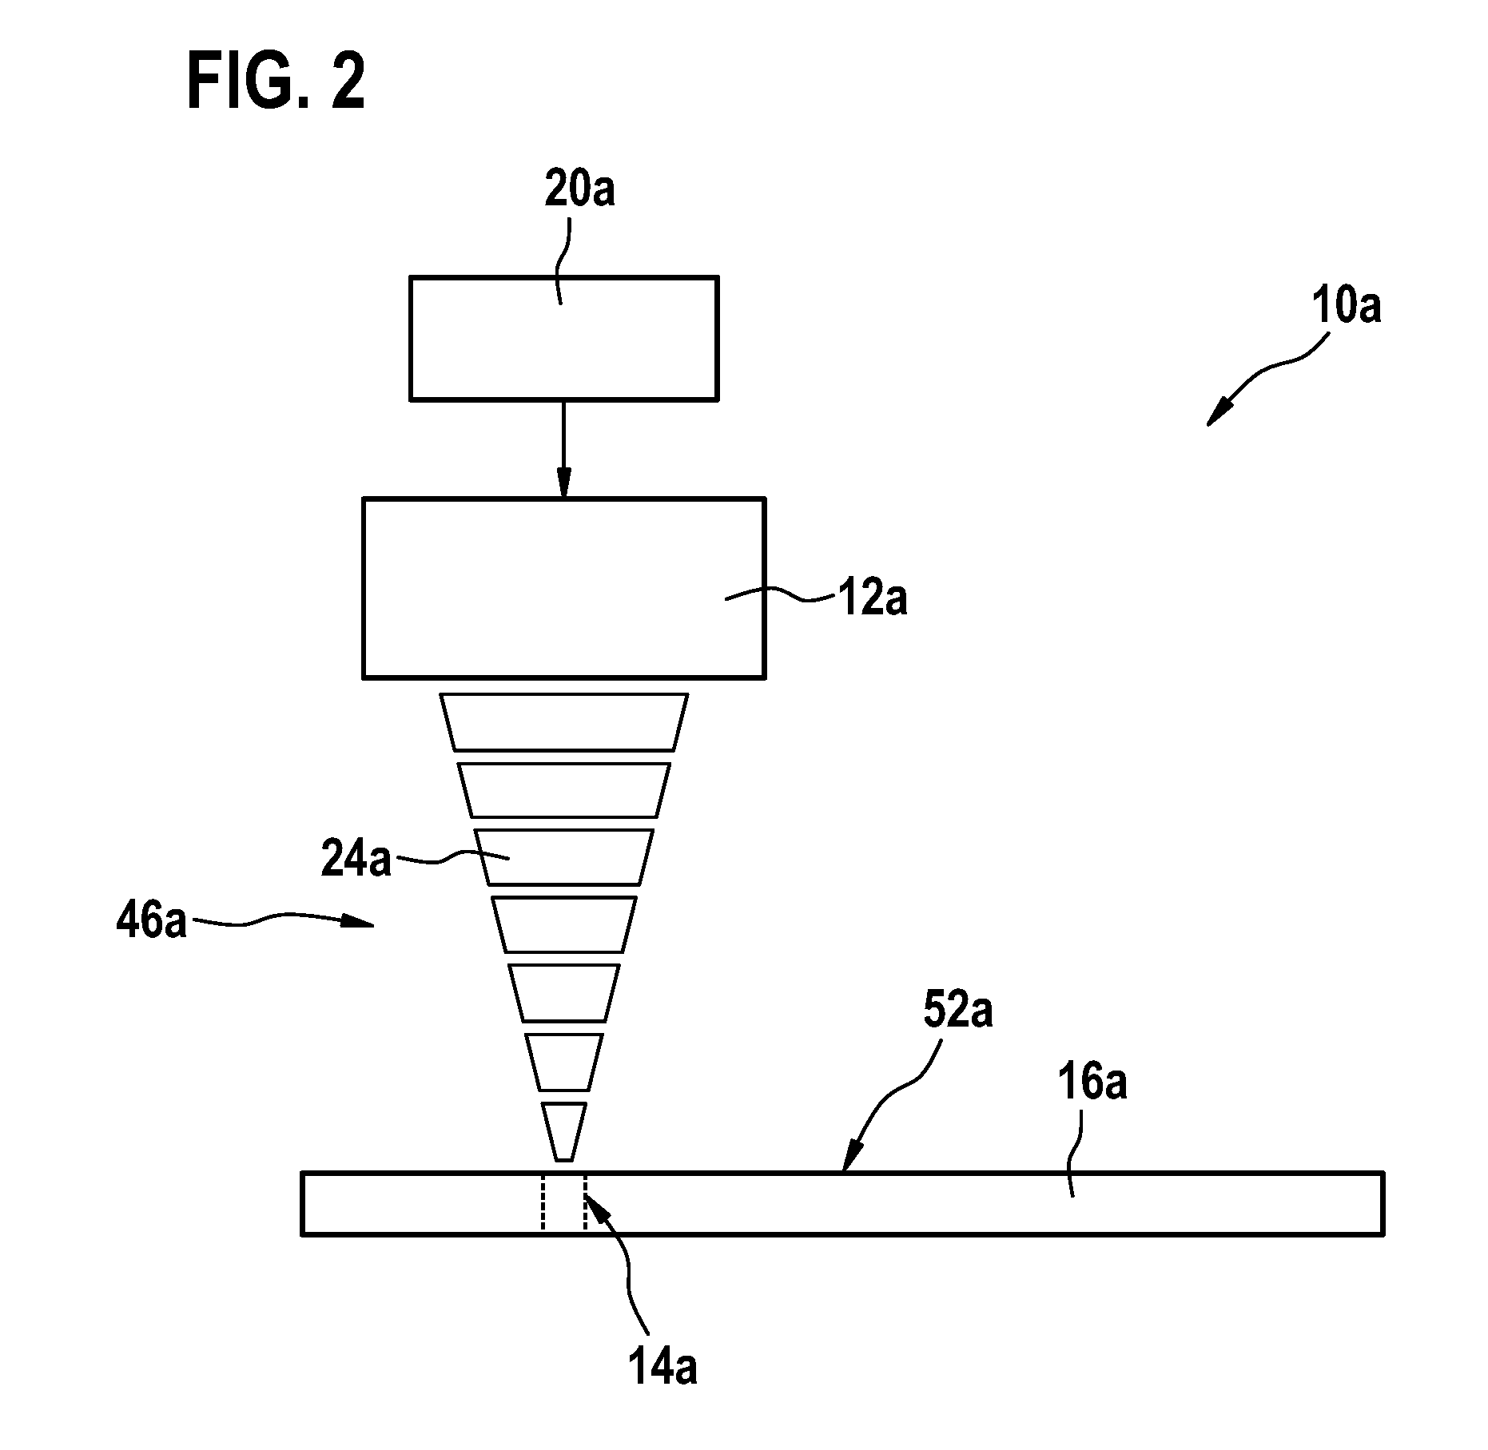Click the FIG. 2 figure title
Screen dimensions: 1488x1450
tap(276, 83)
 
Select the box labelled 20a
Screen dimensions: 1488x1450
tap(563, 337)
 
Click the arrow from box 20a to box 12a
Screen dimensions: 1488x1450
tap(563, 448)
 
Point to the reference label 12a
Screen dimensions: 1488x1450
tap(873, 598)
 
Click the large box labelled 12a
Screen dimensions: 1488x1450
tap(564, 588)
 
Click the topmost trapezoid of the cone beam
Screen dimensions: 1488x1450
tap(563, 722)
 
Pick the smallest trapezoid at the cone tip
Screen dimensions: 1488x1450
tap(563, 1131)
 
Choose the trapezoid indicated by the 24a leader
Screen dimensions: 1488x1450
tap(563, 857)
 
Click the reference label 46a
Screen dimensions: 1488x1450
tap(151, 921)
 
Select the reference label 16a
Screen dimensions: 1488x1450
tap(1092, 1084)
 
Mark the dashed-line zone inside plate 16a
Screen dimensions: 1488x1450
tap(563, 1202)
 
